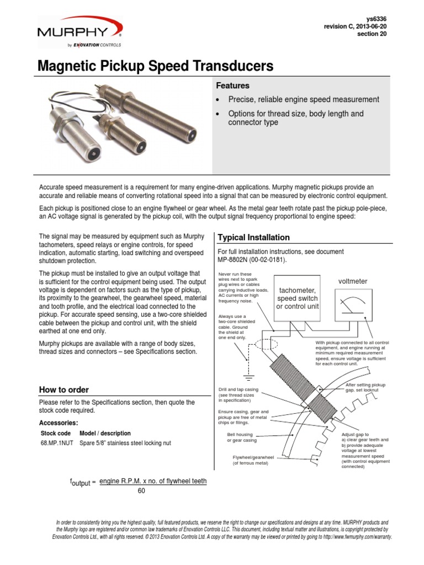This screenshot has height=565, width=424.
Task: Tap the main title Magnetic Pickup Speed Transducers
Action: click(155, 67)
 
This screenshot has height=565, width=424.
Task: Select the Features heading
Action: click(232, 86)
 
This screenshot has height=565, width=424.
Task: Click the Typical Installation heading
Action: click(253, 237)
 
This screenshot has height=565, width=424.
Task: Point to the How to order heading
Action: click(63, 390)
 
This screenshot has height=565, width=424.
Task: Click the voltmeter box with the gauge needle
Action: click(352, 305)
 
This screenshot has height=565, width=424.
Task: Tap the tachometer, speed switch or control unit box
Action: click(298, 298)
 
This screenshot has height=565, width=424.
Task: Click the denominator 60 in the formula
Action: click(141, 491)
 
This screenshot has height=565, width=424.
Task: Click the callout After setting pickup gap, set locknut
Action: click(365, 387)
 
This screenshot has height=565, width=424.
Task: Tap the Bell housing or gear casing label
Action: click(241, 437)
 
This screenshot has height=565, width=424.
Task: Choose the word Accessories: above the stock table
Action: click(58, 423)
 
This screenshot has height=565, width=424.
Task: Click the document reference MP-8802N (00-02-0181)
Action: click(252, 259)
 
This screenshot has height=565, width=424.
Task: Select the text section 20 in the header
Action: click(372, 34)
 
